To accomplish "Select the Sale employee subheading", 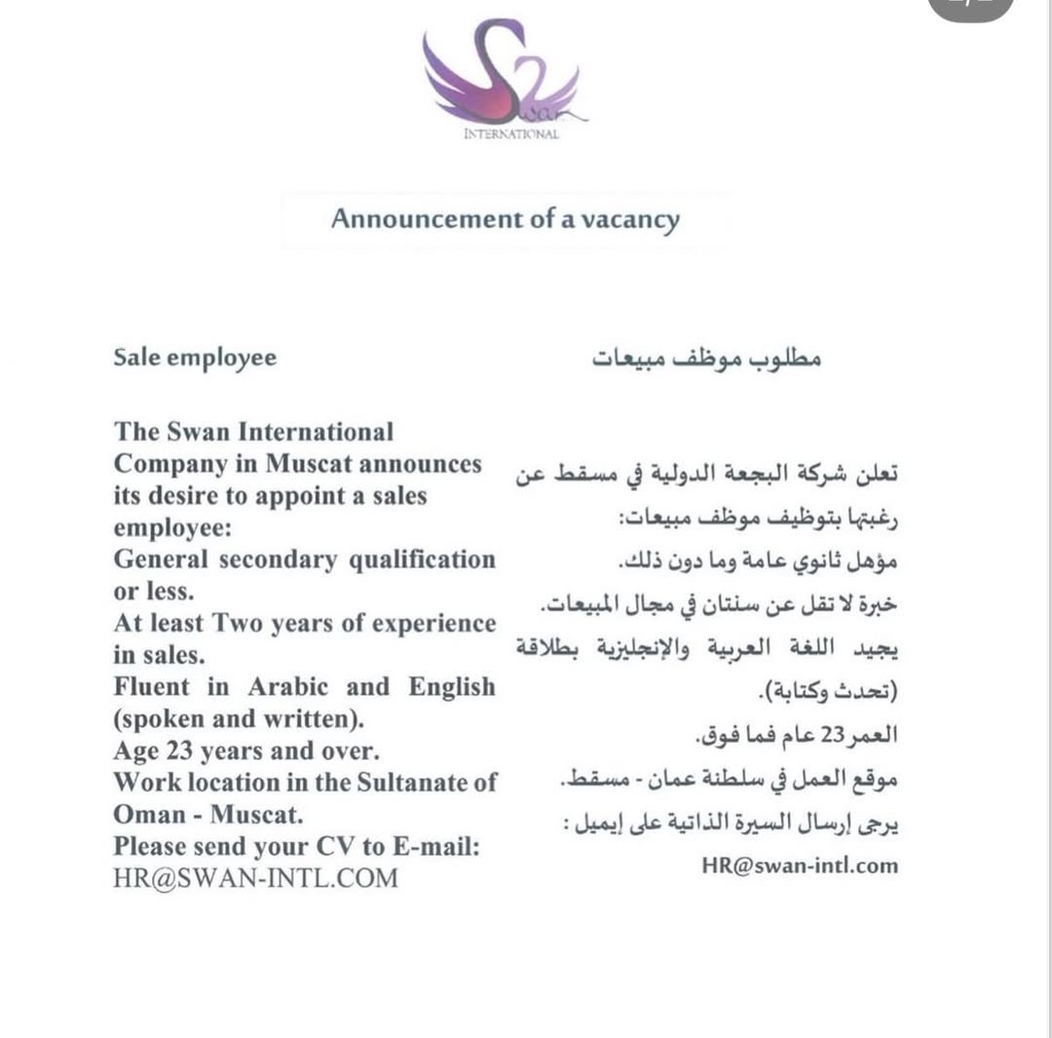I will coord(195,358).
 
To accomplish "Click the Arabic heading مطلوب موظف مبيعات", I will coord(707,359).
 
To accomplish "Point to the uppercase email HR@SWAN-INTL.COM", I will coord(256,877).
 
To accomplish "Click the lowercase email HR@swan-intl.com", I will coord(800,865).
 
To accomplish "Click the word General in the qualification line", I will coord(161,559).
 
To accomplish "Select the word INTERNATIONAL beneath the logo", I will coord(511,135).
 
